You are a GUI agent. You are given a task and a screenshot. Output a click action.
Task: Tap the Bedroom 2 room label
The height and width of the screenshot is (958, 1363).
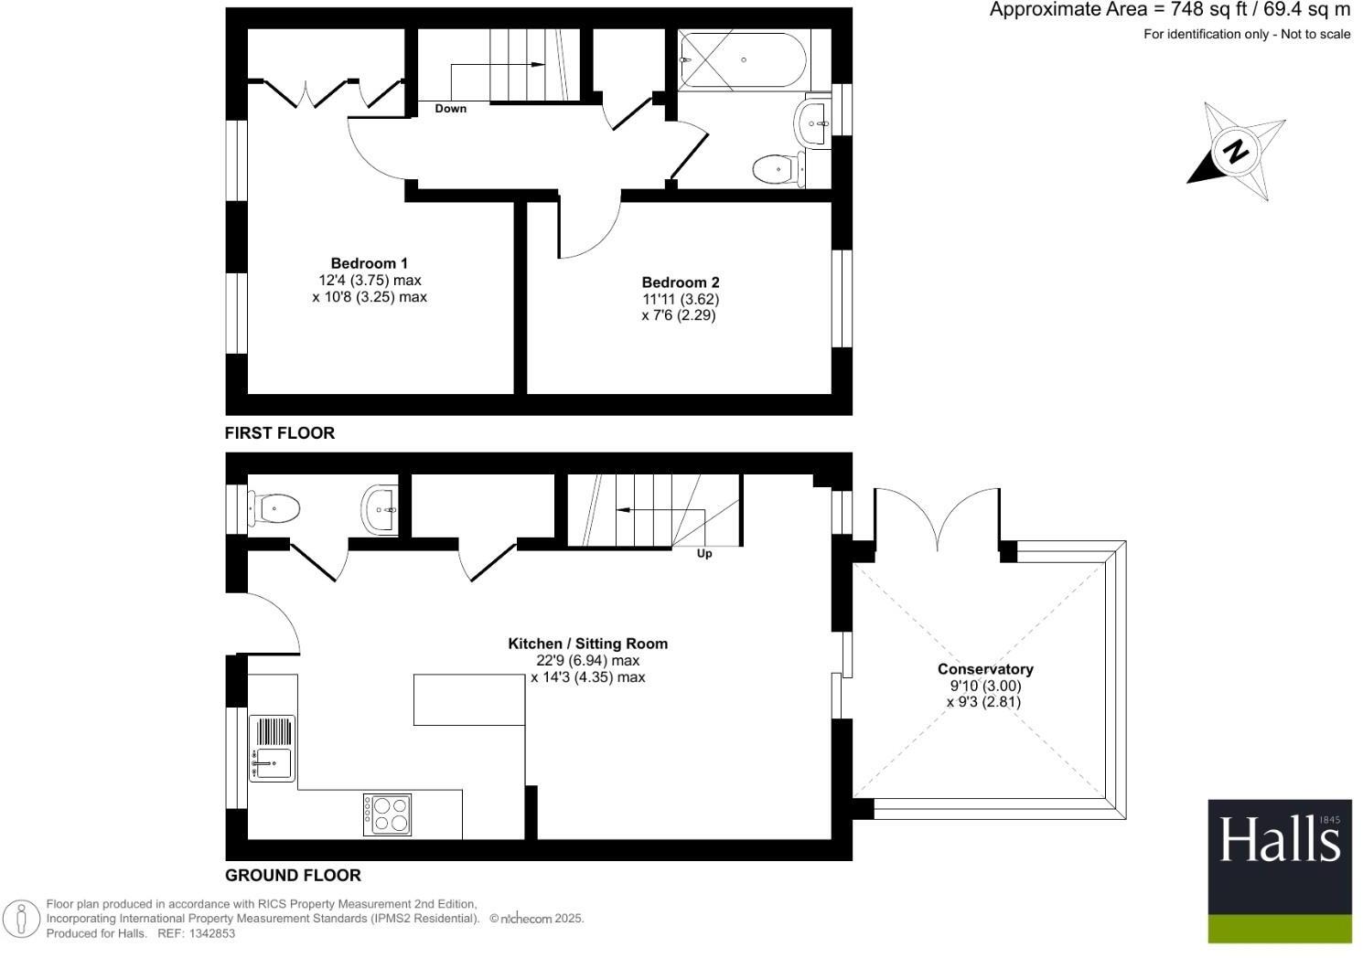point(680,282)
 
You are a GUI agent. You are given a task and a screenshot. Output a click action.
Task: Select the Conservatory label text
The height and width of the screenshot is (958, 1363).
point(985,669)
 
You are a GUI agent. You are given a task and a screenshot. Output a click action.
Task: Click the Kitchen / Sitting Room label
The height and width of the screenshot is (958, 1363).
point(587,644)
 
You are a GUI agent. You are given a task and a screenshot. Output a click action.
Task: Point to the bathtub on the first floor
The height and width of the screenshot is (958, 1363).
point(743,60)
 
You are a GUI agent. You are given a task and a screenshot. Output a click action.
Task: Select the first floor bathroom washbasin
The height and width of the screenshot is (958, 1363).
point(812,122)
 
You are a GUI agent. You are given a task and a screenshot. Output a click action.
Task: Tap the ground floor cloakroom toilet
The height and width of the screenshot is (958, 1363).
point(274,507)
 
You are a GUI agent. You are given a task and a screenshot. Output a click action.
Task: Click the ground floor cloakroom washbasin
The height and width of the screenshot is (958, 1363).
point(380,509)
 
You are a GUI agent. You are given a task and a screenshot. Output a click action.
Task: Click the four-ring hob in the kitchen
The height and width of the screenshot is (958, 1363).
point(387,814)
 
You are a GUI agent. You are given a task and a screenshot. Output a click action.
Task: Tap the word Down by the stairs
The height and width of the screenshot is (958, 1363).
point(450,109)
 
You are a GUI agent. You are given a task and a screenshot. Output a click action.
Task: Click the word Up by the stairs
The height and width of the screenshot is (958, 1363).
point(704,553)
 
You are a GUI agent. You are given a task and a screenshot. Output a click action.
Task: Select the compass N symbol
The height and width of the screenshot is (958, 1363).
point(1237,151)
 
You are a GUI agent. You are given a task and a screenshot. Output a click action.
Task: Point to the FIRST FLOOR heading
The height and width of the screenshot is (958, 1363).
point(280,433)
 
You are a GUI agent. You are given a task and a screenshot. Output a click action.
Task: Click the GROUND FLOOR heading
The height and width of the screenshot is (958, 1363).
point(293,875)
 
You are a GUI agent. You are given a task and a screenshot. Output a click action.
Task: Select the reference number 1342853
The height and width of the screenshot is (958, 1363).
point(210,933)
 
